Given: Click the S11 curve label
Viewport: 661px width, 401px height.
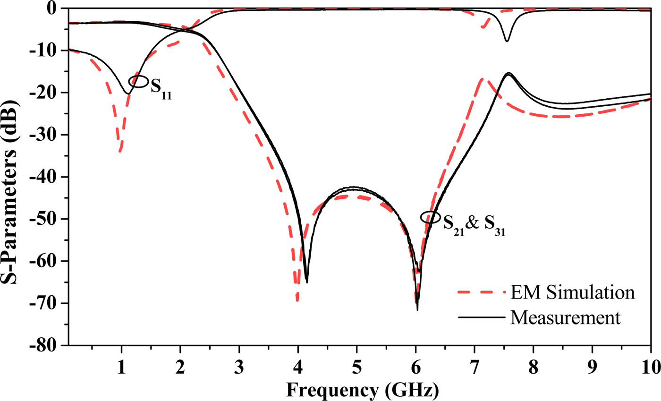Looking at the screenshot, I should point(161,87).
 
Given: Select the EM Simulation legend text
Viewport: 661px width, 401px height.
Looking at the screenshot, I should point(571,292).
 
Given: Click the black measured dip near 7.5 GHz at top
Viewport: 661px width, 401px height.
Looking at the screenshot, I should point(507,41).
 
